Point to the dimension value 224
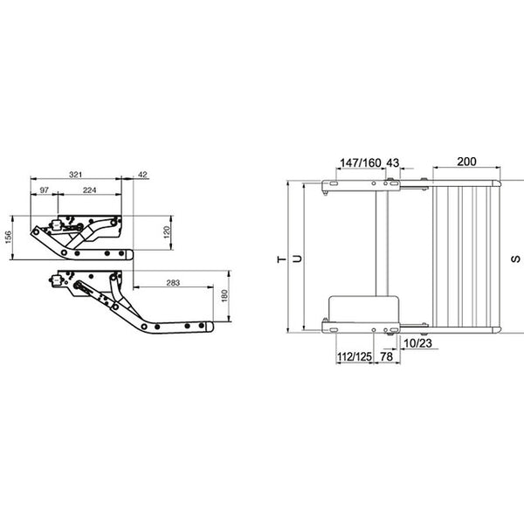point(89,190)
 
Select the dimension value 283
point(172,281)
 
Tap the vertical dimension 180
point(224,296)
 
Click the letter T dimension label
point(279,259)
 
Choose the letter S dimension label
point(514,259)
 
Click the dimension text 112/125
point(354,357)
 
